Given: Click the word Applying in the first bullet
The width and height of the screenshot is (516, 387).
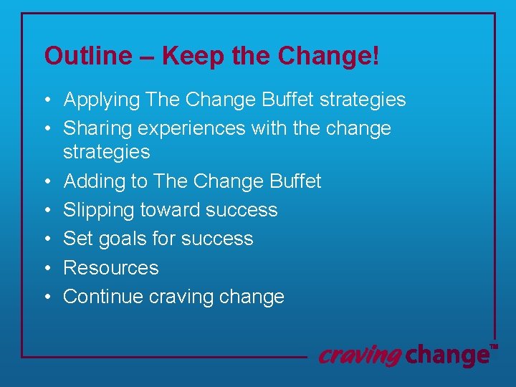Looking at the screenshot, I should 101,100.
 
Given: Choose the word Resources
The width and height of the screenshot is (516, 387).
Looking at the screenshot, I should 111,268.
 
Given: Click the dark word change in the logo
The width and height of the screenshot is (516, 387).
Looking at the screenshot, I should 446,355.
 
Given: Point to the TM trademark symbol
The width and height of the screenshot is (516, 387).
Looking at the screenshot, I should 493,347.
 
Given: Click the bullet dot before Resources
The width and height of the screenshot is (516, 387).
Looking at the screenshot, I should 47,268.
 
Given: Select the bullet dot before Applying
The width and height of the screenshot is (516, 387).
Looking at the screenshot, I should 47,100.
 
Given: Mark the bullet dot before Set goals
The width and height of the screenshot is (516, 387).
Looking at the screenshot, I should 47,239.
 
